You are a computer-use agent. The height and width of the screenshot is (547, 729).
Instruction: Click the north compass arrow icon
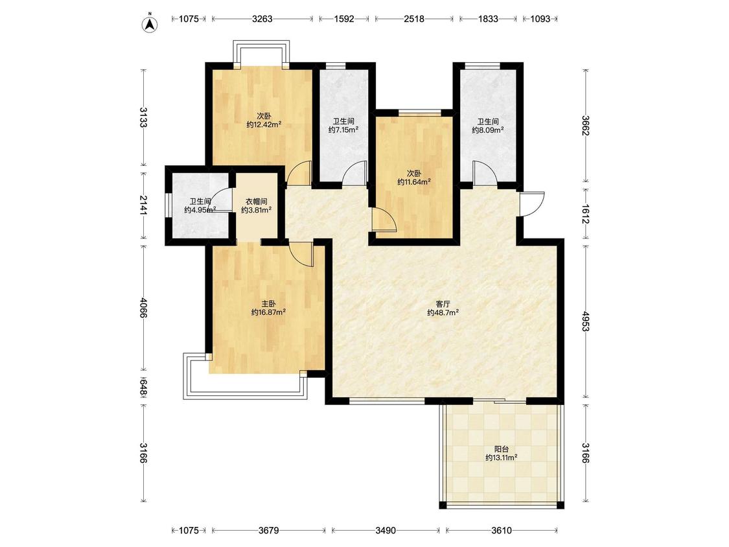150,23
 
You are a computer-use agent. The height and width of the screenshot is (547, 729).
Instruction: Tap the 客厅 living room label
443,304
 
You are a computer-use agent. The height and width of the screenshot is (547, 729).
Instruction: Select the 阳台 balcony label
501,449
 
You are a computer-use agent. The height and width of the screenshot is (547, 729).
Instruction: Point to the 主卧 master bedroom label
268,304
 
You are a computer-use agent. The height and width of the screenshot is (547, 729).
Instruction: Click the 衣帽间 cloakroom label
256,202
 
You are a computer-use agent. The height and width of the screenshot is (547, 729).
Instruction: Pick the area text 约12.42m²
264,124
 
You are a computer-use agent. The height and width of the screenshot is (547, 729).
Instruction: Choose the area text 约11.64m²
414,182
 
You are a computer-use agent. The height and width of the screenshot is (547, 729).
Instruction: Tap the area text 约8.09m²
488,130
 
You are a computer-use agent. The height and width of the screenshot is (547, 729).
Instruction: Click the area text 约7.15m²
343,130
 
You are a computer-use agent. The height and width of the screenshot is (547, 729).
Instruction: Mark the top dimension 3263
262,19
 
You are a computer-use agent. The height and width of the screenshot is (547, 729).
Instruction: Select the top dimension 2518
414,19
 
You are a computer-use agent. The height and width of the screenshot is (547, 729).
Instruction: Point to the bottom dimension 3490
386,530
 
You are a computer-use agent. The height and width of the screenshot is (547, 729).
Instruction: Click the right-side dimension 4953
585,320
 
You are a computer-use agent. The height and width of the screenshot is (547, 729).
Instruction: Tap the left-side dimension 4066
143,307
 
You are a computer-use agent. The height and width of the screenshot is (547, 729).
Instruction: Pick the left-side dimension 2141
143,205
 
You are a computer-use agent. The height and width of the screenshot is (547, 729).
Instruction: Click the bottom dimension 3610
502,530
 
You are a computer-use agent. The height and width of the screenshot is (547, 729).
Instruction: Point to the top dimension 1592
344,19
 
